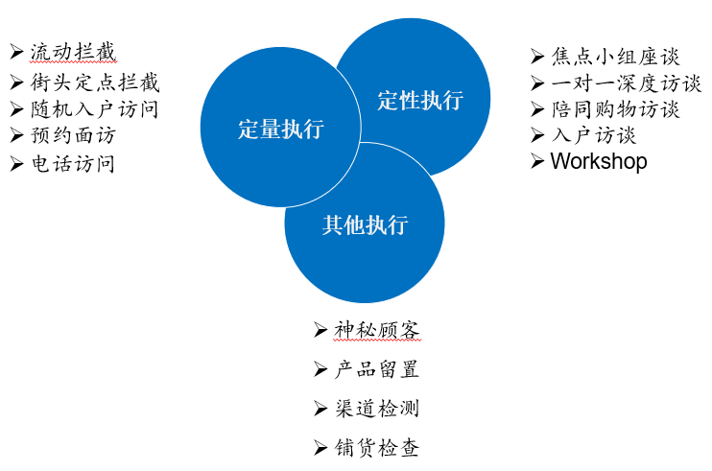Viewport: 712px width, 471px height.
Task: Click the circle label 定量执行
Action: point(281,129)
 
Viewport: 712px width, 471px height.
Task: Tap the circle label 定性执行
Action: point(420,101)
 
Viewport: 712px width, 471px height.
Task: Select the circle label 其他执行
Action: point(365,224)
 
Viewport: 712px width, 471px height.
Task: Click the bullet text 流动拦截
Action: point(73,52)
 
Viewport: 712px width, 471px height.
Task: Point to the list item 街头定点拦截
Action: point(95,82)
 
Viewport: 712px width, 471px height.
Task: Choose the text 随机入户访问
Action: point(94,109)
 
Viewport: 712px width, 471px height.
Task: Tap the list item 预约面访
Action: point(73,135)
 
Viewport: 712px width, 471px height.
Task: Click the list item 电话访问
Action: point(73,163)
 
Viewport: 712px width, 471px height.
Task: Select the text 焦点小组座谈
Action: point(615,57)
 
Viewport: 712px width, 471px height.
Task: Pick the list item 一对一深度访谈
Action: point(627,83)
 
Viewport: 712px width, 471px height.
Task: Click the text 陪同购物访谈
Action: point(615,109)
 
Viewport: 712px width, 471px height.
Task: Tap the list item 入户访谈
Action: point(593,135)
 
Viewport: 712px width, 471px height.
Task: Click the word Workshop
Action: point(599,161)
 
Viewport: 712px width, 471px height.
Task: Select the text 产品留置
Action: point(377,369)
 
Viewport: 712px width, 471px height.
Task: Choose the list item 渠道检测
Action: point(377,409)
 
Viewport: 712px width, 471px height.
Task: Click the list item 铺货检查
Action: point(377,448)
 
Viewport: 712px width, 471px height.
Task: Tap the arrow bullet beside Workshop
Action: point(537,161)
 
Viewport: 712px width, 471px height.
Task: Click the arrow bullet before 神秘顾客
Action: point(320,330)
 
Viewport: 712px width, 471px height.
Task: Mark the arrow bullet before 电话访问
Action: point(16,164)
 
